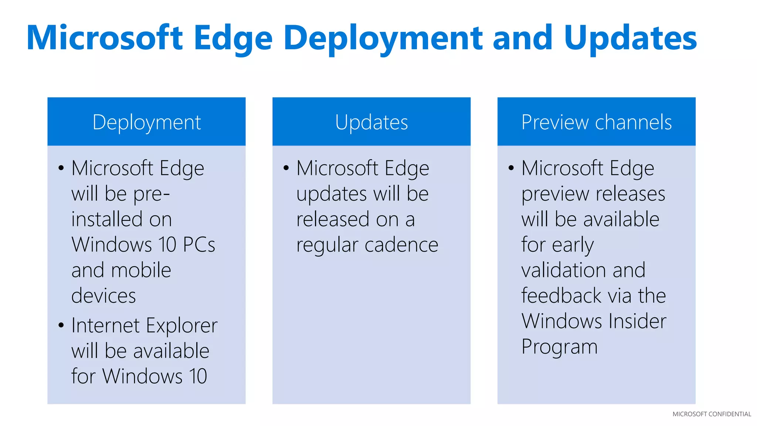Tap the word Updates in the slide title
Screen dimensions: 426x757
coord(630,38)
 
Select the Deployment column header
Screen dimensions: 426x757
coord(146,122)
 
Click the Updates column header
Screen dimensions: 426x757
coord(371,122)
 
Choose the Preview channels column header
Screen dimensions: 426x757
coord(596,122)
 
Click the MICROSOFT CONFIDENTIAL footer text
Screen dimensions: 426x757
coord(712,414)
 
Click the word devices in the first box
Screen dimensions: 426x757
coord(103,296)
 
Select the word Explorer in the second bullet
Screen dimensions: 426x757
coord(181,326)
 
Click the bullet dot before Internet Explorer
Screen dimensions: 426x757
coord(61,325)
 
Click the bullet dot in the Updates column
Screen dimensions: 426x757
coord(286,168)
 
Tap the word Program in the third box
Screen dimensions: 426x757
coord(559,347)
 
